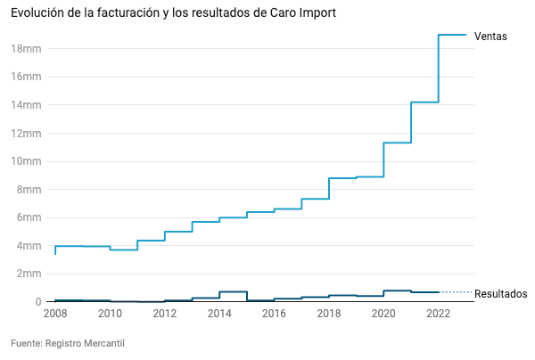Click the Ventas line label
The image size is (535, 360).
tap(490, 37)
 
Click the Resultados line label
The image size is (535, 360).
tap(500, 293)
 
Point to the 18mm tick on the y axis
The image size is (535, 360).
tap(26, 49)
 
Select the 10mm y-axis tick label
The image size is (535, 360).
tap(26, 161)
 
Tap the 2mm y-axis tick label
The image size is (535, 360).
tap(29, 274)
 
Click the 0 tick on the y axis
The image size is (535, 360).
tap(38, 302)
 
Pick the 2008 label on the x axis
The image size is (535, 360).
tap(55, 314)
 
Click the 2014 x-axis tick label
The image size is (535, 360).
tap(219, 314)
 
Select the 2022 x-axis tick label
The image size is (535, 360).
tap(439, 314)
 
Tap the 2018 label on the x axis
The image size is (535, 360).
tap(329, 314)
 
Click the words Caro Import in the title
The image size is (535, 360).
tap(303, 12)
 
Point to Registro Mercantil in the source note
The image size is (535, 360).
tap(85, 343)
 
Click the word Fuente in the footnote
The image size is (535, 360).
tap(26, 343)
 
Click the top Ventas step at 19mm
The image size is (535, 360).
tap(452, 35)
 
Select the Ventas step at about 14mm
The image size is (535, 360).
tap(424, 102)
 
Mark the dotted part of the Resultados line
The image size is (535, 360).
tap(457, 292)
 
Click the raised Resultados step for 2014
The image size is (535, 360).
tap(233, 291)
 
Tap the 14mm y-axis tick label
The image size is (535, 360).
tap(26, 104)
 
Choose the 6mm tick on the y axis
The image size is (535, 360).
tap(29, 217)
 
